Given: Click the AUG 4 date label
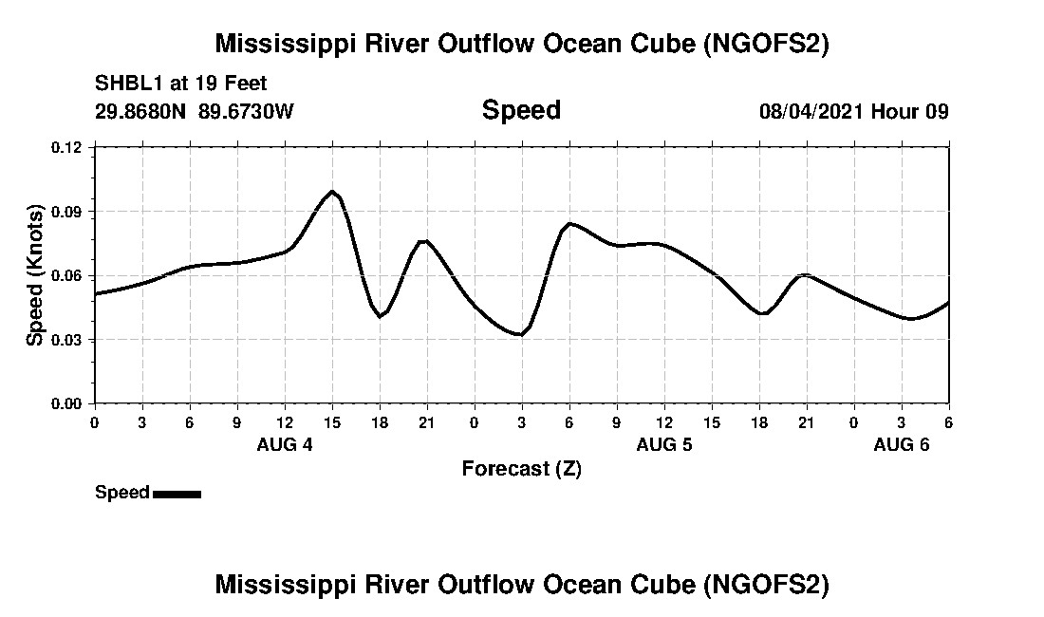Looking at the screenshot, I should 285,444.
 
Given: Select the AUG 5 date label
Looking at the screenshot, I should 664,444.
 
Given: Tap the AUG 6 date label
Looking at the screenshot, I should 901,444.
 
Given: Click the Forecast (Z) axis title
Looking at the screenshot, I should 521,469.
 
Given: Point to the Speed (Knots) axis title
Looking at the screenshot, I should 35,275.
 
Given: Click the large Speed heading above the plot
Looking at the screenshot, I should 521,110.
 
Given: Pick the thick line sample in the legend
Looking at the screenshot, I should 177,494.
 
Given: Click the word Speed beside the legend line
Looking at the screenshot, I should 122,493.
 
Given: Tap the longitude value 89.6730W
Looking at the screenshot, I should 247,111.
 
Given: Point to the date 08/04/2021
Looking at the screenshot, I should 811,111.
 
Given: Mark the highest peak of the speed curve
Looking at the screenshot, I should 332,192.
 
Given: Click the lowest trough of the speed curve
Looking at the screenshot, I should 519,334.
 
